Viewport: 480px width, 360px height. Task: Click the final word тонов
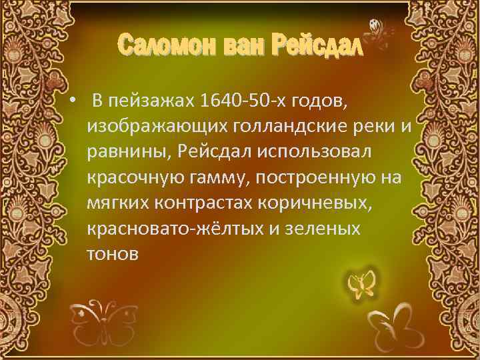[113, 253]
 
